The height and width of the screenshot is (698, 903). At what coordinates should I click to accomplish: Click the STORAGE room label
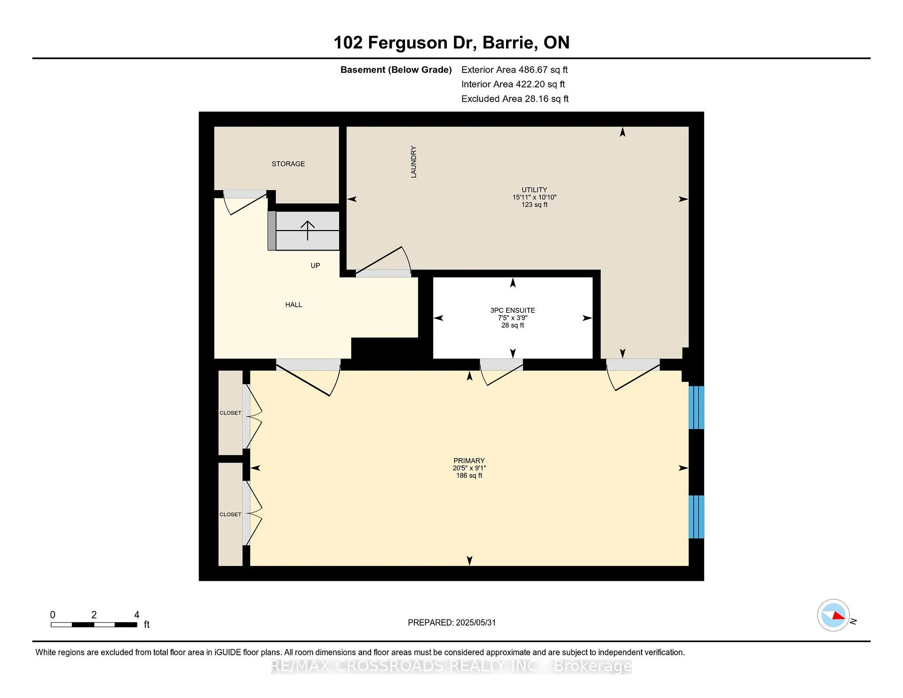coord(288,164)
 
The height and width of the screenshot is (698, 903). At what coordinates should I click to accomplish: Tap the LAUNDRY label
coord(414,162)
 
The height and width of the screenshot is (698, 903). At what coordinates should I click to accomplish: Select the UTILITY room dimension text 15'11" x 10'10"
coord(534,198)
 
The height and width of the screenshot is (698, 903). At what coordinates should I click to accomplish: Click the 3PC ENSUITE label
coord(513,310)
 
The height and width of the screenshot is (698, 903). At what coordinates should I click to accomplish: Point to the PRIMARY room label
coord(469,461)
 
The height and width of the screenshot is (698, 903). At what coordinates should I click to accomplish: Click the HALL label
coord(293,305)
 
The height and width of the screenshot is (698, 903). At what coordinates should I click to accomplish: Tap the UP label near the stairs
coord(315,266)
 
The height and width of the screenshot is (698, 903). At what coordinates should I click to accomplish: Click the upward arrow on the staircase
coord(308,230)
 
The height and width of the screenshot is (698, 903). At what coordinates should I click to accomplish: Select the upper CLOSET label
coord(230,413)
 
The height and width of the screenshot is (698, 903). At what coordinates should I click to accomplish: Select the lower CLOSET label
coord(230,515)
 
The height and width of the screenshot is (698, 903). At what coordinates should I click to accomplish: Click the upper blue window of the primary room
coord(697,408)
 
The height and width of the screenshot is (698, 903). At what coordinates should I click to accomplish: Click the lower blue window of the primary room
coord(697,517)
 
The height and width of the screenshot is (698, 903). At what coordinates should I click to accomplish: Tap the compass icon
coord(833,615)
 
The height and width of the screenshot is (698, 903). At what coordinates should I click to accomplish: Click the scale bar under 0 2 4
coord(94,625)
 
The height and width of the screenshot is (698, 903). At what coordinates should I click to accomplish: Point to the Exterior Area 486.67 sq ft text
coord(515,70)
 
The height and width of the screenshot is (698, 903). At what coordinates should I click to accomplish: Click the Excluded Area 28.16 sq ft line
coord(515,99)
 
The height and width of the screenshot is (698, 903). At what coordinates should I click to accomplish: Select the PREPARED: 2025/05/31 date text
coord(452,622)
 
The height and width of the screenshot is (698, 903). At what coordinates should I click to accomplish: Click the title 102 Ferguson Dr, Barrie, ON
coord(451,43)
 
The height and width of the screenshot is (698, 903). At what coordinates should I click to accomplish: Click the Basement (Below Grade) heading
coord(396,70)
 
